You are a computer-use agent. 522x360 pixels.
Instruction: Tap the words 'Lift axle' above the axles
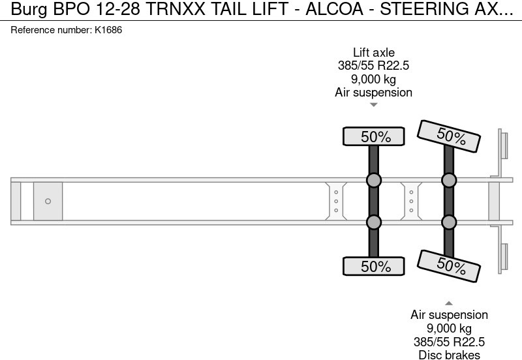coord(374,53)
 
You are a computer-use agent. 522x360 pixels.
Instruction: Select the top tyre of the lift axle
coord(375,136)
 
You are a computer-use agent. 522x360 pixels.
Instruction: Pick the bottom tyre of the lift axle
coord(375,266)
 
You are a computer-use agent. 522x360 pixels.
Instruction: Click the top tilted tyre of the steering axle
coord(450,136)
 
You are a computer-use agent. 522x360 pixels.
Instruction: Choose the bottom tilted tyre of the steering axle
coord(450,264)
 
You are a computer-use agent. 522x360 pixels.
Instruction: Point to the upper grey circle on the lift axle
coord(374,181)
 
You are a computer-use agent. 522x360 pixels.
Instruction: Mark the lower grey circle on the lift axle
coord(374,222)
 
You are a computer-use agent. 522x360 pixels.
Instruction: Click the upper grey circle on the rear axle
coord(449,181)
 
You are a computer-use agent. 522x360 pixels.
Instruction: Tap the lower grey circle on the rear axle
coord(449,222)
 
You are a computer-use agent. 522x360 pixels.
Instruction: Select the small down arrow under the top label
coord(374,104)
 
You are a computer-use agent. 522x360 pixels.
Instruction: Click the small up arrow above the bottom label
coord(449,303)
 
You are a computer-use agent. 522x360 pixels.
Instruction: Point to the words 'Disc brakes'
coord(449,355)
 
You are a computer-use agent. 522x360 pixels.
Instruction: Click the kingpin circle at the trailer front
coord(48,202)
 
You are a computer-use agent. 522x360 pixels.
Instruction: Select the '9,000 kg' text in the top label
coord(374,79)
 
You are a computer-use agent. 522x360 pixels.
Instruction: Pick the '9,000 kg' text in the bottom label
coord(449,328)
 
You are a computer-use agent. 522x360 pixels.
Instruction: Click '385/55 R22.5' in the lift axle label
coord(374,66)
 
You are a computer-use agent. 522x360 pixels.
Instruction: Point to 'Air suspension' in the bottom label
coord(449,315)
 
